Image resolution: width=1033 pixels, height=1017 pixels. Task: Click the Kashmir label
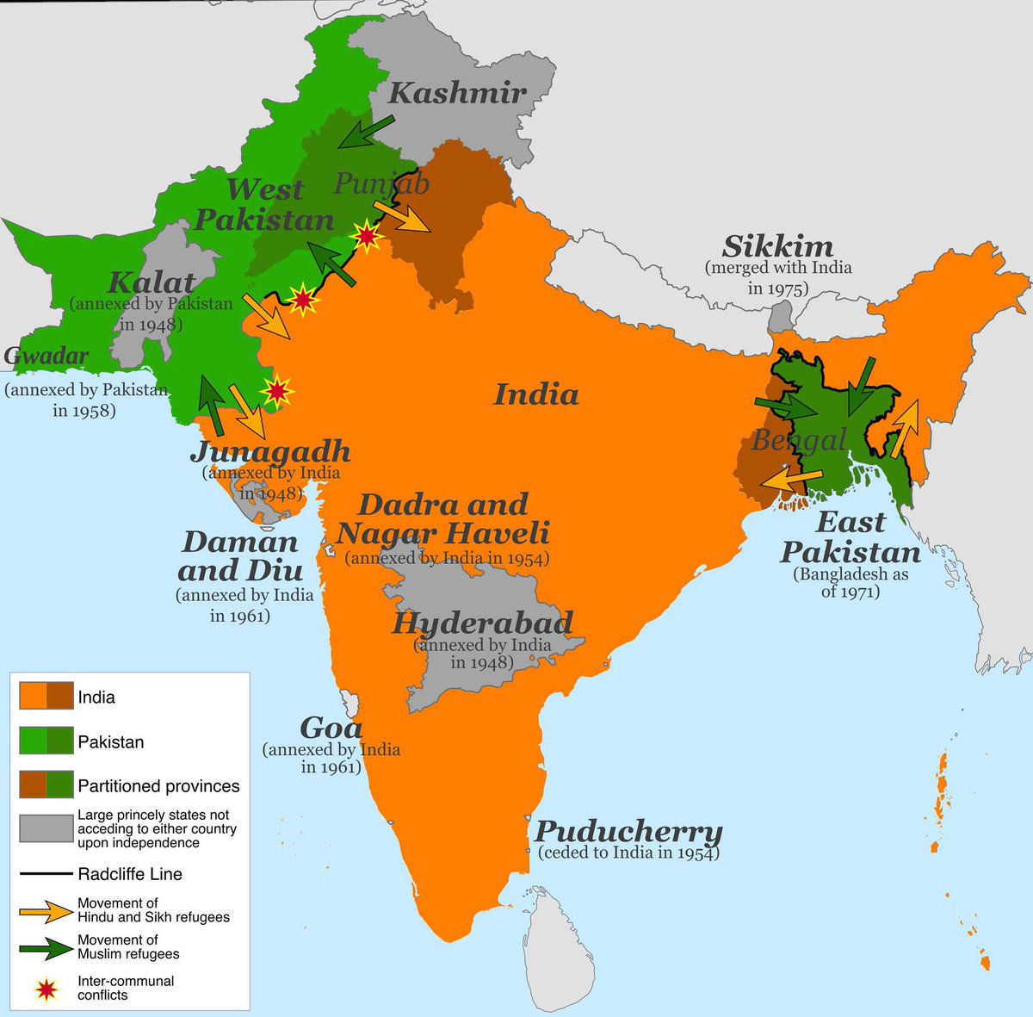coord(457,93)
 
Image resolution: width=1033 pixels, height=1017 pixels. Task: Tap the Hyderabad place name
coord(482,623)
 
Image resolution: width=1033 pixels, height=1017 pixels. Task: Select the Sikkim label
coord(777,246)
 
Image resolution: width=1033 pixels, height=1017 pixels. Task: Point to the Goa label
coord(331,728)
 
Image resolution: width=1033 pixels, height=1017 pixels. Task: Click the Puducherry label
coord(628,832)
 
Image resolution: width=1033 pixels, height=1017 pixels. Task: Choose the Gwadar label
coord(46,356)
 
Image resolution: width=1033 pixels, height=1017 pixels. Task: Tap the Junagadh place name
coord(270,450)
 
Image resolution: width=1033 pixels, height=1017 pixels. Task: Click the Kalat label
coord(152,282)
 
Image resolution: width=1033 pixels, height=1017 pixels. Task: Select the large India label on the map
coord(535,394)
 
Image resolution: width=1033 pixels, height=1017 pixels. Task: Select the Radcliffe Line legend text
coord(130,874)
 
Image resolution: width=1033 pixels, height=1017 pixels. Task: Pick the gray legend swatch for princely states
coord(46,828)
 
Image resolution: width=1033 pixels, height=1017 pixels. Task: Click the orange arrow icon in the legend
coord(46,911)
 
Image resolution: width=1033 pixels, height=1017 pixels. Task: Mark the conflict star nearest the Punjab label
coord(367,236)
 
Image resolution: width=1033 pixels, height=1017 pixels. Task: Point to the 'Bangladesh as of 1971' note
coord(851,583)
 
